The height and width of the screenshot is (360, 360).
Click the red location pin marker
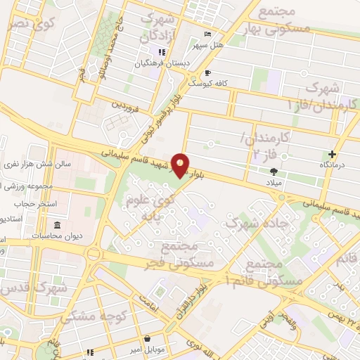(181, 164)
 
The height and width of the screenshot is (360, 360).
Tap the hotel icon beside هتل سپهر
(206, 34)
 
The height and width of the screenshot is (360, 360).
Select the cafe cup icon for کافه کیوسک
(207, 72)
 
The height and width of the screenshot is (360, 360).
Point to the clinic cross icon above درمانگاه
(332, 154)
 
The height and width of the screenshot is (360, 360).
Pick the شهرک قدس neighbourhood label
(33, 290)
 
